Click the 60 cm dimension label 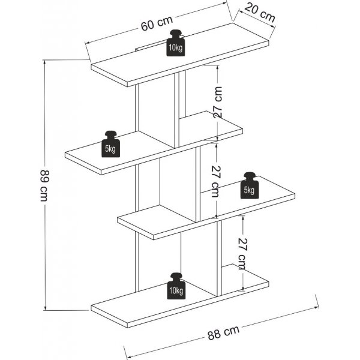coord(157,24)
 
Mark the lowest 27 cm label coord(242,253)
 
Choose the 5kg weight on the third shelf coord(248,187)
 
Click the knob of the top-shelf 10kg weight coord(175,34)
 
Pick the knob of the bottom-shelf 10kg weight coord(176,276)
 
